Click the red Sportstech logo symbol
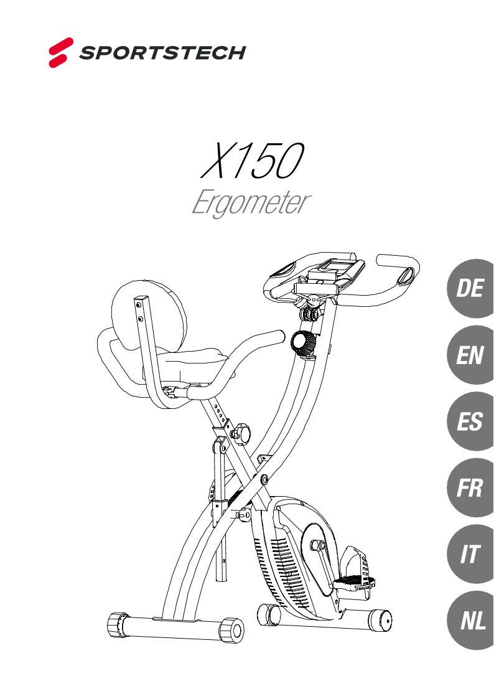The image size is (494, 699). click(61, 52)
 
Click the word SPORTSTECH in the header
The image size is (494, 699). click(162, 53)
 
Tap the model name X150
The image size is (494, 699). click(251, 161)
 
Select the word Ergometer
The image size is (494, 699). click(250, 204)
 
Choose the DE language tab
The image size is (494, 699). click(470, 289)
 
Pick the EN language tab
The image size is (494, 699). click(470, 355)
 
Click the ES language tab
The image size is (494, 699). click(470, 422)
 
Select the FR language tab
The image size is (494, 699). click(470, 488)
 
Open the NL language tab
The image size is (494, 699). click(470, 621)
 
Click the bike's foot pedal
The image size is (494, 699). click(355, 583)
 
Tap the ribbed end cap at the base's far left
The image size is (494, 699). click(116, 623)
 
